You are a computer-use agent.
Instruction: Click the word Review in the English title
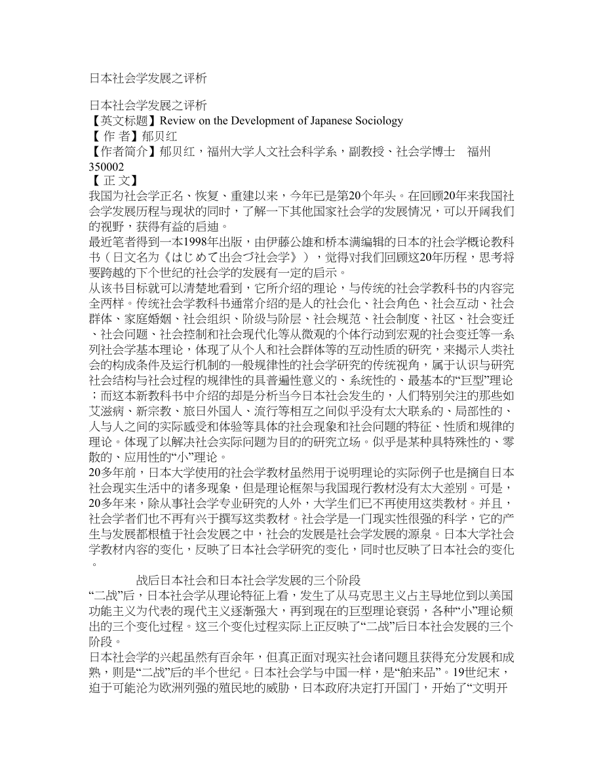[178, 121]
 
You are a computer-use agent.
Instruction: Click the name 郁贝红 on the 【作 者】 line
[159, 136]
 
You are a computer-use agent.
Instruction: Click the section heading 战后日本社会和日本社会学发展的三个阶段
[248, 580]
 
